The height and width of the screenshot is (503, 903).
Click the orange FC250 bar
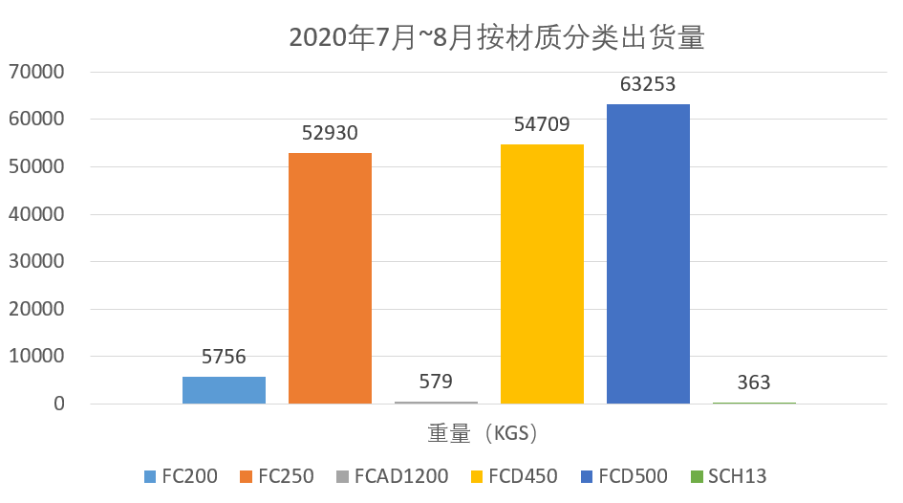(330, 277)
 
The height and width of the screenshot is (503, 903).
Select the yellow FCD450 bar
(542, 273)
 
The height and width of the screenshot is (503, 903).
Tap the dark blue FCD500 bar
(648, 253)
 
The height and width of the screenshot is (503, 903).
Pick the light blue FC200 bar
(224, 389)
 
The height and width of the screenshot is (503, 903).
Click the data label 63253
(648, 84)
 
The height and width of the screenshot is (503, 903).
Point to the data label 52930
(330, 133)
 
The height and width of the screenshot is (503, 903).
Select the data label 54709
(542, 124)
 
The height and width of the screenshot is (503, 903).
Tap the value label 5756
(224, 357)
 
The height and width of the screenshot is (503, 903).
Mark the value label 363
(754, 383)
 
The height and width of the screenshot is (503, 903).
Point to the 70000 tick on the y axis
(35, 72)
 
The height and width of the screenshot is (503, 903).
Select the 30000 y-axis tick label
(35, 261)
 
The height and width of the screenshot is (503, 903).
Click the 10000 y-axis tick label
(35, 357)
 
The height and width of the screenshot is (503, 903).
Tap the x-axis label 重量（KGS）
(484, 433)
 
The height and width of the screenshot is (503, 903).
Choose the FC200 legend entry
(181, 476)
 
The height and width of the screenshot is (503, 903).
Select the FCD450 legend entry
(516, 476)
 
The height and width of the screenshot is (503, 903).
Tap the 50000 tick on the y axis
(35, 166)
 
